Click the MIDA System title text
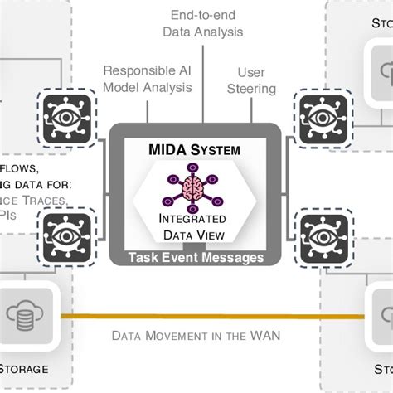pos(196,151)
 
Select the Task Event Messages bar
pos(196,258)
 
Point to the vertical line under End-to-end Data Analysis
pos(204,83)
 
